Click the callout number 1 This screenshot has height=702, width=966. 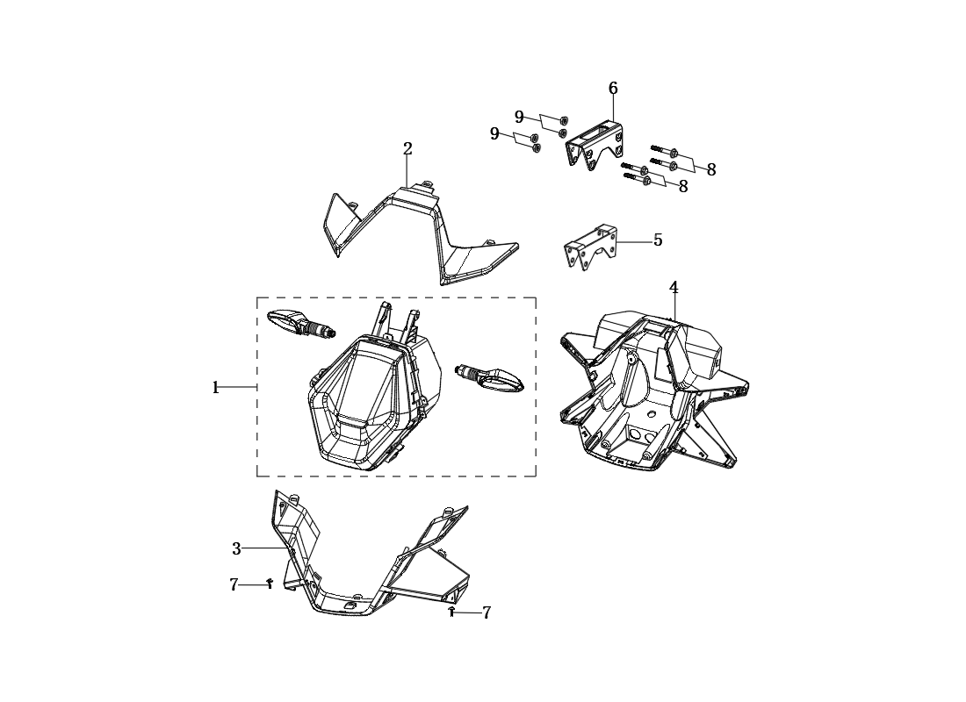coord(216,388)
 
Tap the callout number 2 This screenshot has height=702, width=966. coord(407,148)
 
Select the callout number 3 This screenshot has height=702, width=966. coord(236,549)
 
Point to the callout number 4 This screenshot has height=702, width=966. coord(674,288)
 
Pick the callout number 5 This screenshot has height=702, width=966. coord(658,240)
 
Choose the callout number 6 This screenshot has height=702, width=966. coord(613,88)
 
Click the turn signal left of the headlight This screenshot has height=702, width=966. coord(301,323)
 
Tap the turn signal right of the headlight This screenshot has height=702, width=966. coord(489,378)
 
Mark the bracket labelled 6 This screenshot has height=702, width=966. coord(595,144)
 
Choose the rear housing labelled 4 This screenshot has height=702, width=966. coord(654,392)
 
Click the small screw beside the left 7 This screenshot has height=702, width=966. coord(270,584)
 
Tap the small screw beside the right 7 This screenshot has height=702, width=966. coord(451,612)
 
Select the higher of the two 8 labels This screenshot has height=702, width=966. coord(711,170)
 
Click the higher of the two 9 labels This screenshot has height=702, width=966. coord(519,117)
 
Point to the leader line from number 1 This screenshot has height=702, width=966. coord(236,387)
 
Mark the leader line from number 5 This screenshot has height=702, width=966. coord(635,242)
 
